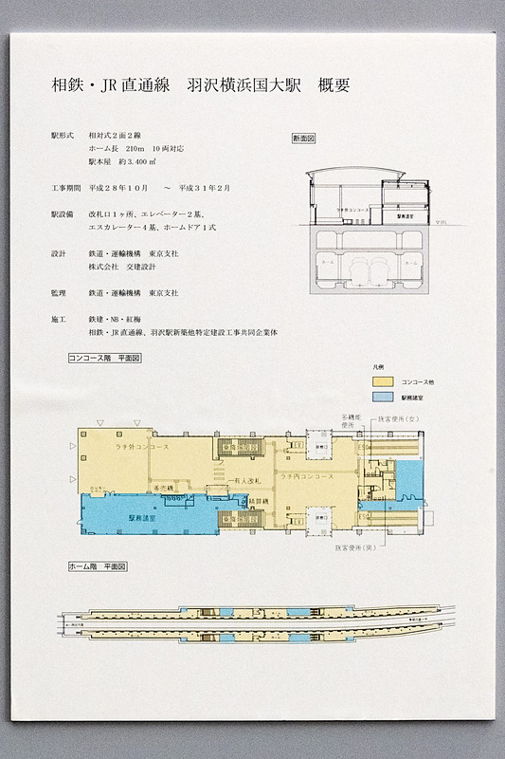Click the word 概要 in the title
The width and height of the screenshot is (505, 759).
tap(334, 85)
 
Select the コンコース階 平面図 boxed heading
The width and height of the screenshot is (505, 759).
tap(105, 359)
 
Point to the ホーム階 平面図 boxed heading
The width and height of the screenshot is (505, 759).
tap(98, 565)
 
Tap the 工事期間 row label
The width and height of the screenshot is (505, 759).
tap(65, 188)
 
